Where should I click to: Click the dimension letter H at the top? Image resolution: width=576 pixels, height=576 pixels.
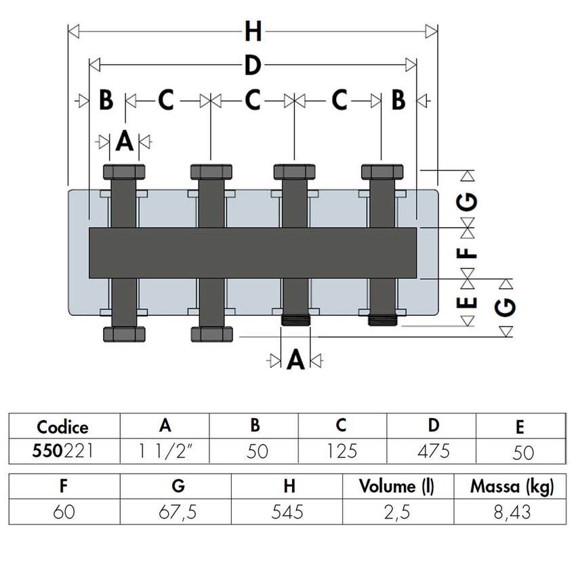pos(252,31)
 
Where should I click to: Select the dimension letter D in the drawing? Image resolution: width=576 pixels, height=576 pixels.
pos(252,66)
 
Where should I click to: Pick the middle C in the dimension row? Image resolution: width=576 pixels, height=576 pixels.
pos(252,100)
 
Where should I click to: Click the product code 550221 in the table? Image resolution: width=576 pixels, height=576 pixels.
pos(62,451)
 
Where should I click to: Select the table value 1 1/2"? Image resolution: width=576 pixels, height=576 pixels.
pos(164,451)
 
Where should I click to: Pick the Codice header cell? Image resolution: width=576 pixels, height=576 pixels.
pos(62,427)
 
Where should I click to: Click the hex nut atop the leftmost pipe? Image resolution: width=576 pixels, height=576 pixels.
pos(123,171)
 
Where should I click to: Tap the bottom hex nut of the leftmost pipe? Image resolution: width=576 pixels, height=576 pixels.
pos(123,334)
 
